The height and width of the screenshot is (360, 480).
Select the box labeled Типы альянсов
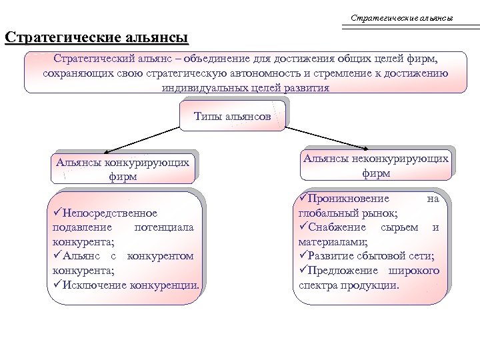pyautogui.click(x=233, y=116)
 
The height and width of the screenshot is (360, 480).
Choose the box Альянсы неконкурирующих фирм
pyautogui.click(x=376, y=165)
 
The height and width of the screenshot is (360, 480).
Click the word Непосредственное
pyautogui.click(x=109, y=213)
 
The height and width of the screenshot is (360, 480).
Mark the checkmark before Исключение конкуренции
pyautogui.click(x=56, y=285)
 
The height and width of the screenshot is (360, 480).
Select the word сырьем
pyautogui.click(x=399, y=227)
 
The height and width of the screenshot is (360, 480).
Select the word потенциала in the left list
pyautogui.click(x=164, y=227)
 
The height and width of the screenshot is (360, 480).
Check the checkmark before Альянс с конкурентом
pyautogui.click(x=56, y=256)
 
